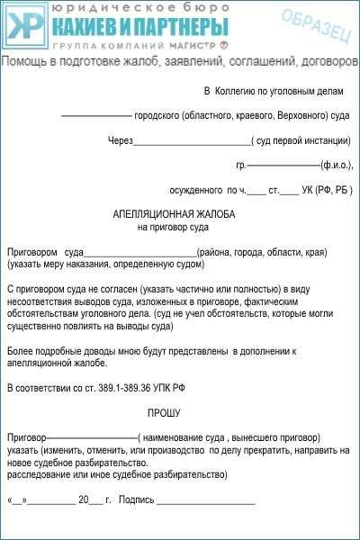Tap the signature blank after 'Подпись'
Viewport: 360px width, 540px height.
pos(206,499)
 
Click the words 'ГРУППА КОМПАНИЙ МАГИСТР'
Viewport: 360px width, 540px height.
pos(129,45)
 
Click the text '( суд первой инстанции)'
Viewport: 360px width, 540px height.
pos(301,141)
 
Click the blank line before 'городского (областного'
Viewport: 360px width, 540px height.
pos(95,116)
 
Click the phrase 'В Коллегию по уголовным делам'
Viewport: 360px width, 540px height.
pos(274,92)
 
